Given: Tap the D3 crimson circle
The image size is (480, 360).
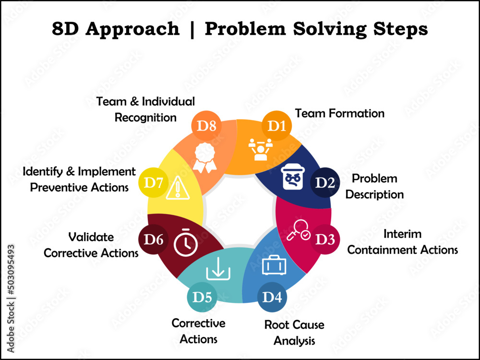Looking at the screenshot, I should coord(325,239).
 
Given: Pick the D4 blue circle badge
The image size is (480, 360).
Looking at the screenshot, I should coord(272,297).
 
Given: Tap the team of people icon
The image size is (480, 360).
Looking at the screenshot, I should coord(261,149).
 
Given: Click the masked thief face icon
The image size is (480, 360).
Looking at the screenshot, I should coord(293,177).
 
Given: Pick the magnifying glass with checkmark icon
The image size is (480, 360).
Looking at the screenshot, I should coord(298,229).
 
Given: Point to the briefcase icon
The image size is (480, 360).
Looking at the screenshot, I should coord(274,265).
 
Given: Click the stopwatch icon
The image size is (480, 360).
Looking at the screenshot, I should coord(185,243).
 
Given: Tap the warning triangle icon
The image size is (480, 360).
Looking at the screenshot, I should coord(178,188).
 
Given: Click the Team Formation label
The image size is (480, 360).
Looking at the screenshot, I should coord(339,113).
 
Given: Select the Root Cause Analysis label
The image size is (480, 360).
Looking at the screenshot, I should coord(294,333).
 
